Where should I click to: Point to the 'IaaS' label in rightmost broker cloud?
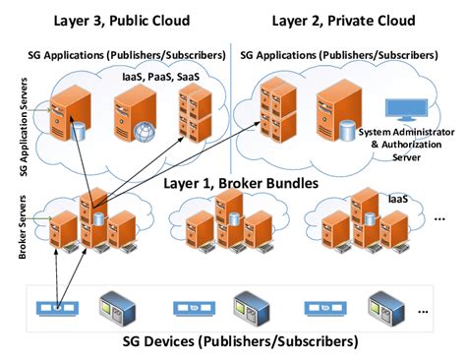[395, 200]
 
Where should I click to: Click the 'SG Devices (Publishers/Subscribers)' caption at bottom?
[233, 341]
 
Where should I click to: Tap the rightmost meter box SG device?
[385, 306]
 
